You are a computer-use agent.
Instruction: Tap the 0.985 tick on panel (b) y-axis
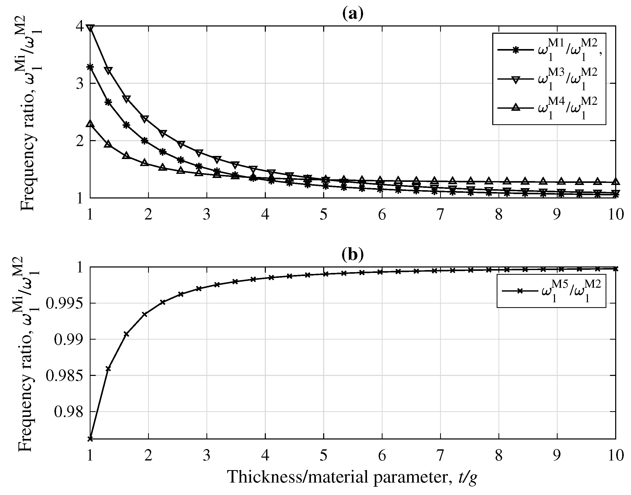pyautogui.click(x=65, y=376)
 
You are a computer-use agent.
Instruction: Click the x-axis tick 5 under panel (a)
pyautogui.click(x=324, y=215)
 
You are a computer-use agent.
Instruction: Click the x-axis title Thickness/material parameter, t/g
pyautogui.click(x=352, y=478)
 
